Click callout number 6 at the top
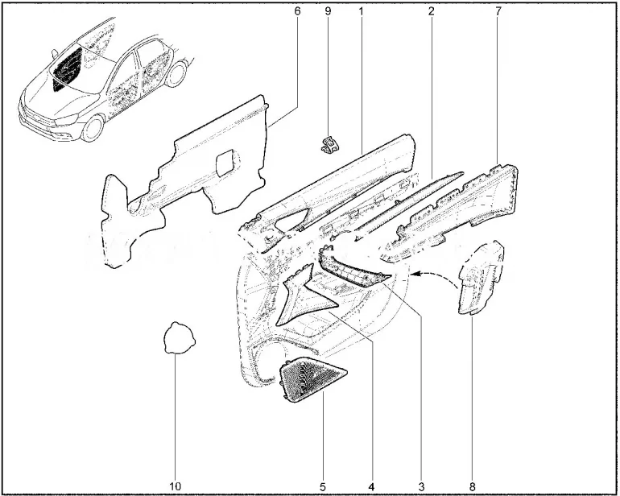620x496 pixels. coord(297,11)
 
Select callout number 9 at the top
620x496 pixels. coord(328,11)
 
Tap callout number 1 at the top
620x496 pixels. coord(361,11)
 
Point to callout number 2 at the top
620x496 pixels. coord(431,11)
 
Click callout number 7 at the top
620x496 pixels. coord(498,11)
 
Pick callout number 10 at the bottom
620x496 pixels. coord(176,486)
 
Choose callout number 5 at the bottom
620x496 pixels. coord(323,486)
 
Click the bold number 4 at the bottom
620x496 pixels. coord(370,486)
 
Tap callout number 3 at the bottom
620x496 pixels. coord(420,486)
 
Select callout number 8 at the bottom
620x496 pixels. coord(472,486)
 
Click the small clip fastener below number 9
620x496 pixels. coord(329,144)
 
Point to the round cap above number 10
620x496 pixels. coord(180,337)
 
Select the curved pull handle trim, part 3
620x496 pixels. coord(352,269)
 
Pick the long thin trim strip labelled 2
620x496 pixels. coord(409,205)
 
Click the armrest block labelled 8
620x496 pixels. coord(481,278)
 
